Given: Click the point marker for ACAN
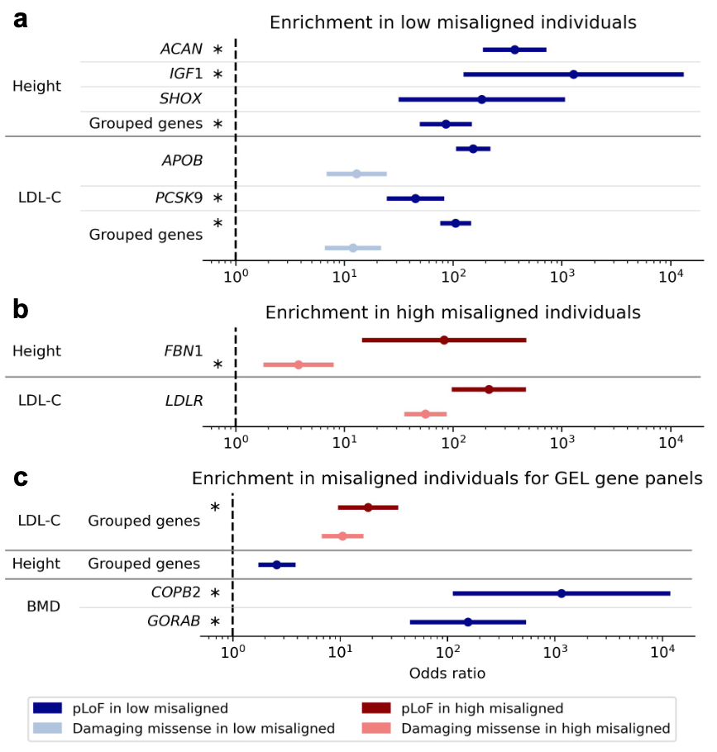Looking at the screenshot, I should click(514, 50).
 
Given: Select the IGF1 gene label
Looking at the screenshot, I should click(185, 74).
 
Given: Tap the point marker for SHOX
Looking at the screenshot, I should click(481, 99).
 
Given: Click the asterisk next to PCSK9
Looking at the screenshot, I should click(217, 198).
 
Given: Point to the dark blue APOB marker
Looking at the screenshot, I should click(473, 149).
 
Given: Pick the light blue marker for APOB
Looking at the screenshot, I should click(356, 174).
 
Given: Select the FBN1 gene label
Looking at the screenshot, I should click(182, 351).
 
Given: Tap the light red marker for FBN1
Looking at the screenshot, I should click(298, 364).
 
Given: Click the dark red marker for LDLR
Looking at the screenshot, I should click(489, 389).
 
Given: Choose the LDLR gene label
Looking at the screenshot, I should click(183, 401).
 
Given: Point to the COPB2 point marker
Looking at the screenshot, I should click(562, 593).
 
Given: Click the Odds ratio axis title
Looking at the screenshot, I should click(447, 673).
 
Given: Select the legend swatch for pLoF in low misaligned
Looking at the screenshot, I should click(50, 708).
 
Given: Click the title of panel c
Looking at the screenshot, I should click(447, 478).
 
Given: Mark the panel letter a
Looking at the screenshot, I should click(22, 19).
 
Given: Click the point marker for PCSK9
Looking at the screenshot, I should click(415, 198).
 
